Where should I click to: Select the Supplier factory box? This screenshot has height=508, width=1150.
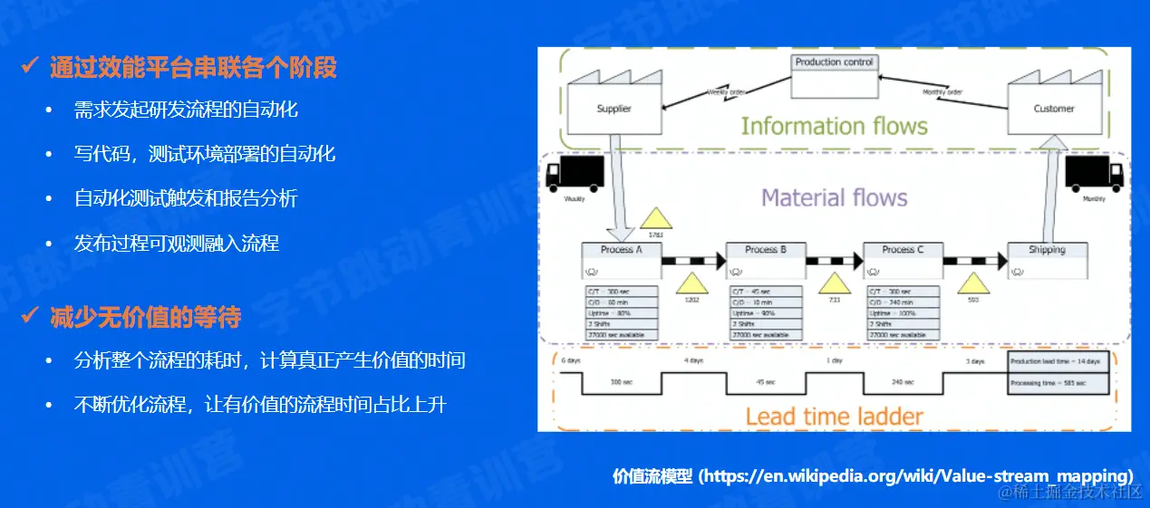pyautogui.click(x=614, y=109)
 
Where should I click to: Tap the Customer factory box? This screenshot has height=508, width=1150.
pyautogui.click(x=1053, y=109)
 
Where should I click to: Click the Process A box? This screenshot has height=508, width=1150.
pyautogui.click(x=622, y=261)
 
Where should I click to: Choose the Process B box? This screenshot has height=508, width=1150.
pyautogui.click(x=765, y=261)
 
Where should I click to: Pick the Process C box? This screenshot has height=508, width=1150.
pyautogui.click(x=902, y=261)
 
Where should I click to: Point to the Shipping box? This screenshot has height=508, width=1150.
pyautogui.click(x=1047, y=261)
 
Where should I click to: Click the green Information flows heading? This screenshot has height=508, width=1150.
pyautogui.click(x=834, y=127)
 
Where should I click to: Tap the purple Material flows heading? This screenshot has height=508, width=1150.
pyautogui.click(x=834, y=197)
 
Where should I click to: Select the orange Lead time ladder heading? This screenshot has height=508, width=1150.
pyautogui.click(x=834, y=417)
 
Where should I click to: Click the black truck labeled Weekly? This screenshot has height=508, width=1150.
pyautogui.click(x=575, y=174)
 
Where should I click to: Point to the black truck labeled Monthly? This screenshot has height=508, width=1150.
pyautogui.click(x=1094, y=174)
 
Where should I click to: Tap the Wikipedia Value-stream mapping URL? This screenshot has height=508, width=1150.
pyautogui.click(x=916, y=475)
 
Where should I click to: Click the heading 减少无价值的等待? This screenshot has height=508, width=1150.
pyautogui.click(x=145, y=317)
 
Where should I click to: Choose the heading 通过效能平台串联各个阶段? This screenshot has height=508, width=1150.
pyautogui.click(x=193, y=67)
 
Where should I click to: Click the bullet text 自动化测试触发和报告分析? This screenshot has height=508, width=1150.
pyautogui.click(x=186, y=198)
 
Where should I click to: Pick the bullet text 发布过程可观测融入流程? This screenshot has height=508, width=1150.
pyautogui.click(x=177, y=243)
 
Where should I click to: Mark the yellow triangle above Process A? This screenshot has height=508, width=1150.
pyautogui.click(x=656, y=220)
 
